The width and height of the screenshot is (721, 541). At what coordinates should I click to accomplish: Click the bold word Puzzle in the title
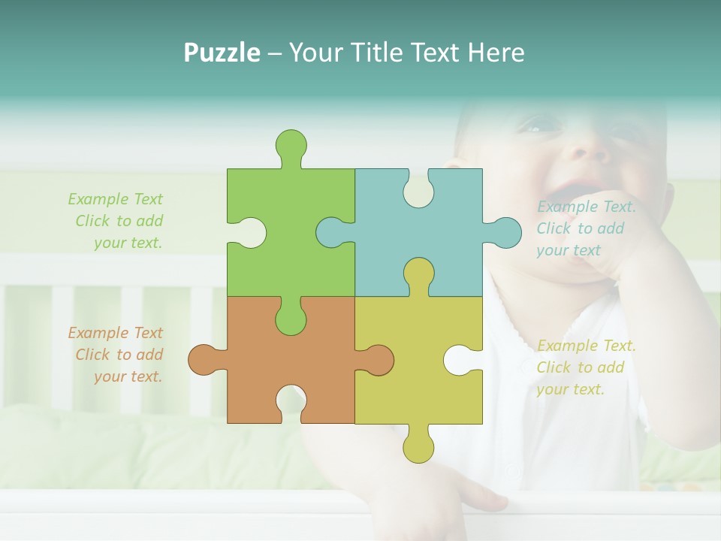pos(222,53)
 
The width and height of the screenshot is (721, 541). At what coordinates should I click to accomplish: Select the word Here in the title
pos(496,53)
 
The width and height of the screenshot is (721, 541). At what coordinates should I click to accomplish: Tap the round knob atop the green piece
pos(291,145)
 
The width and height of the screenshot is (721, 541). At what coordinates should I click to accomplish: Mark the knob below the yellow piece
pos(418,446)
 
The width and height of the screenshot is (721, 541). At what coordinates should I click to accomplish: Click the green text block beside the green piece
pos(116,221)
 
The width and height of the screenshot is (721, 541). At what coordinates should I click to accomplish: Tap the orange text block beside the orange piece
pos(116,355)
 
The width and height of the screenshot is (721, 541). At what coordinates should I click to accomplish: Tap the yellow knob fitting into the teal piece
pos(418,274)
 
